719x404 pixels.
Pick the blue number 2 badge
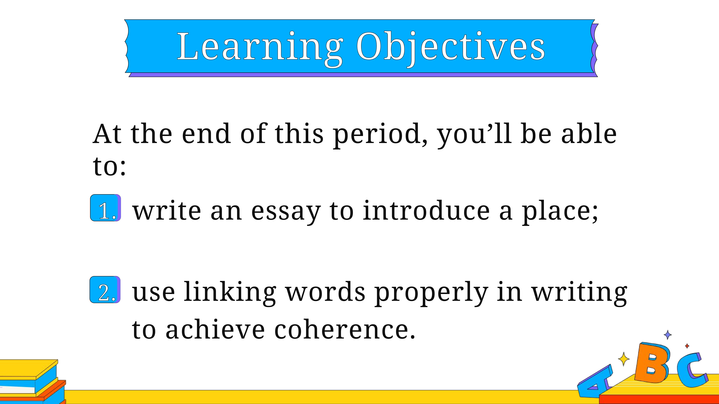click(x=105, y=290)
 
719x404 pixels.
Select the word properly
click(x=431, y=293)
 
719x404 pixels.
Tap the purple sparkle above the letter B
click(x=668, y=335)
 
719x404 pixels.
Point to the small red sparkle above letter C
click(x=687, y=346)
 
